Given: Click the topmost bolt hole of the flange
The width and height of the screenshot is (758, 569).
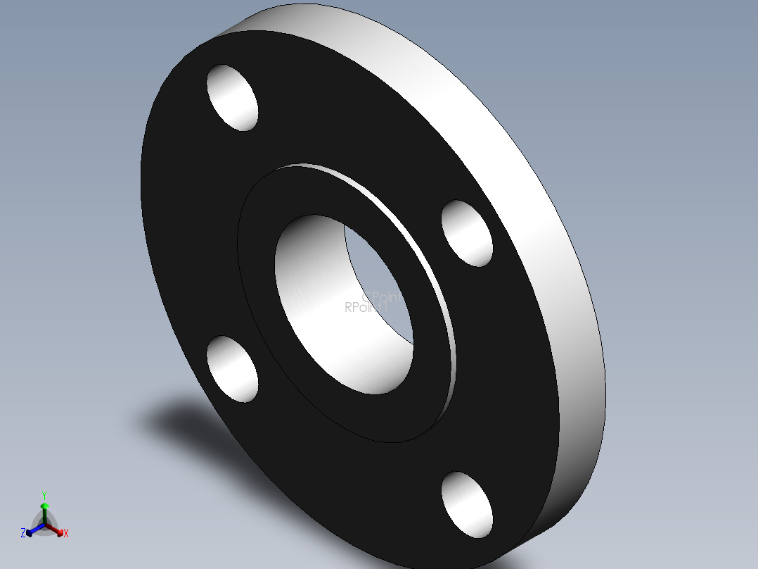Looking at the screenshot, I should click(x=232, y=97).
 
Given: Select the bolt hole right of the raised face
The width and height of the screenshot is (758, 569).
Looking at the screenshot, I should click(x=467, y=233).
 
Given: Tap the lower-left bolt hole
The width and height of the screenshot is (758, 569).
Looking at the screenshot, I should click(x=232, y=368).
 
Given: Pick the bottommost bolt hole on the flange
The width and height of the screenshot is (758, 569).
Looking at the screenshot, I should click(x=467, y=505).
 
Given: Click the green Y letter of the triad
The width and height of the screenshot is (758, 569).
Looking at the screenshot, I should click(x=44, y=495).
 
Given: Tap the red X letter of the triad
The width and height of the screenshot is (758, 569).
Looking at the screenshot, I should click(x=66, y=534).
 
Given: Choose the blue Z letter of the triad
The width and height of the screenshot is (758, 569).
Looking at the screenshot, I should click(x=23, y=534).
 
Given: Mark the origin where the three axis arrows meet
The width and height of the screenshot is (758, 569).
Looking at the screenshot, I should click(x=44, y=525).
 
